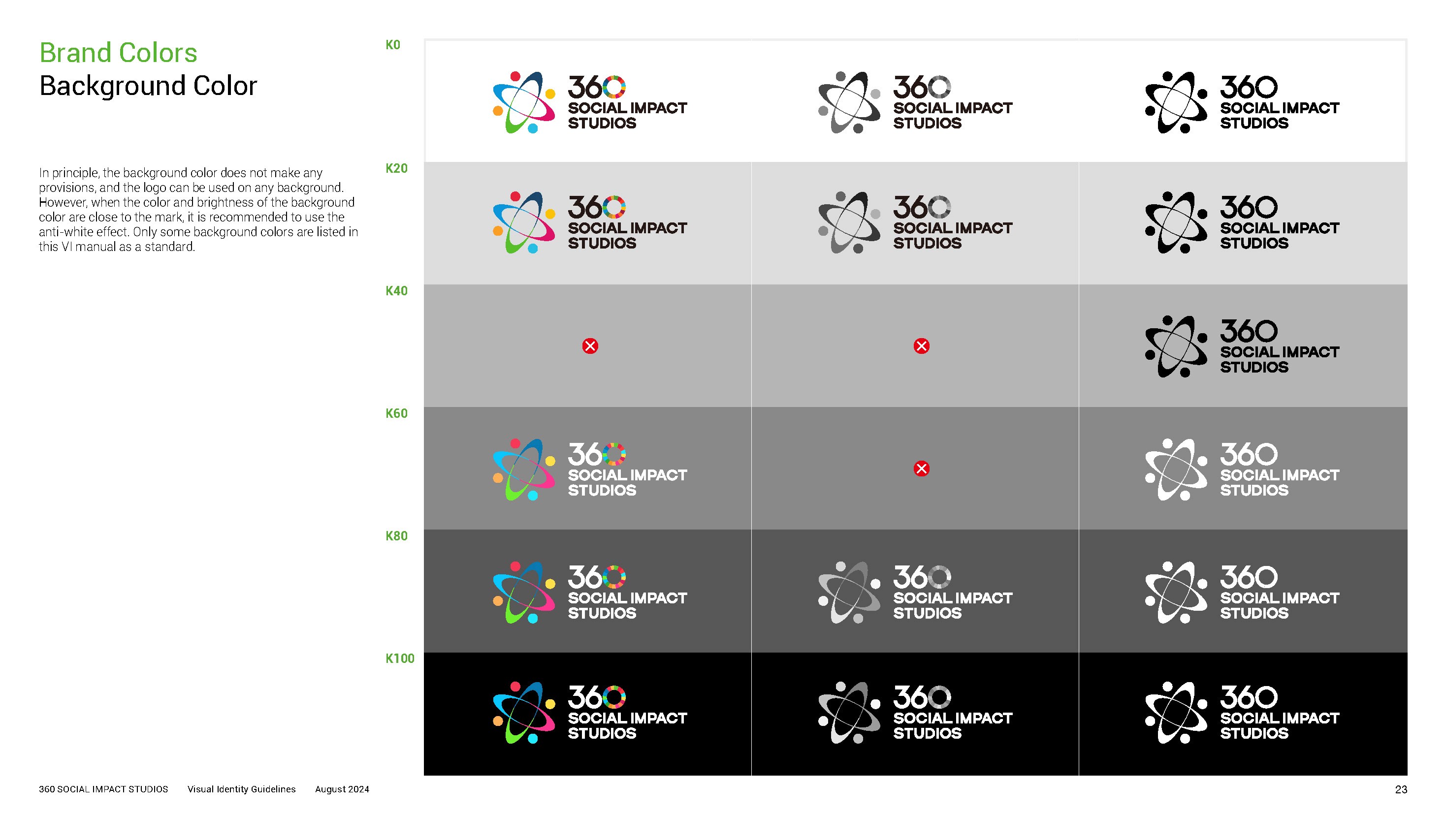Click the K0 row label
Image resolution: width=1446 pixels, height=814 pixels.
(392, 45)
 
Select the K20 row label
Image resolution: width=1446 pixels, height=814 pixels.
(396, 168)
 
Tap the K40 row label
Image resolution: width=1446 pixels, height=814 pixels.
(396, 290)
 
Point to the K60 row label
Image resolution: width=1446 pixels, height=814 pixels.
(396, 413)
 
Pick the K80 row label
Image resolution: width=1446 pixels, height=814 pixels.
(396, 536)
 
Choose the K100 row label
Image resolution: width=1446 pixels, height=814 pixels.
(399, 658)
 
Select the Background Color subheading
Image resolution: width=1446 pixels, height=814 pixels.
(148, 86)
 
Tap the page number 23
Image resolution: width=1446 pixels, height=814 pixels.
(1401, 789)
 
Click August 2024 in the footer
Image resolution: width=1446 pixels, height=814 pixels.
(342, 789)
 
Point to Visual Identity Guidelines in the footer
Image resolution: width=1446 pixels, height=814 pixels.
(241, 789)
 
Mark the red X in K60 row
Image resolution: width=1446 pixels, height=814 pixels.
(921, 469)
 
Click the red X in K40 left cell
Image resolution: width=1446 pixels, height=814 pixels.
(590, 346)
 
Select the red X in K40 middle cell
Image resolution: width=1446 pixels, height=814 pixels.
(921, 346)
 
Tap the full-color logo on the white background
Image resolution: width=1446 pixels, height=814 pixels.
(589, 102)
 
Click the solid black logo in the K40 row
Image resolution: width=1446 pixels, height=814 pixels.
(1242, 346)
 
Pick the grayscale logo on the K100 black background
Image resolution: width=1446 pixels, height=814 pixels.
(915, 713)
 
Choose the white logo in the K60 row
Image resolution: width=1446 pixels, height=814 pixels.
(1242, 470)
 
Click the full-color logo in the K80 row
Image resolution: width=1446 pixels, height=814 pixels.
(589, 593)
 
